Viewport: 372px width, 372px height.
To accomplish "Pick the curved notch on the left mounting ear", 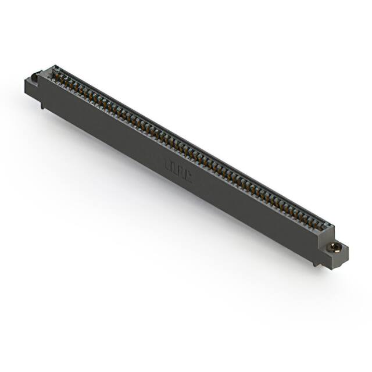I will coord(34,76).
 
